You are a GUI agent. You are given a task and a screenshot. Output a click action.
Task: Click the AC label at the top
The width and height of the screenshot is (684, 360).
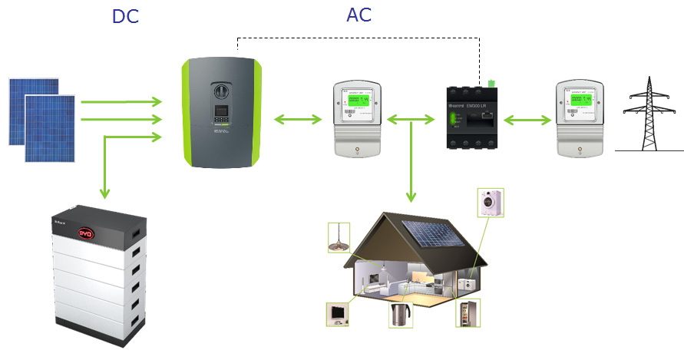pos(359,16)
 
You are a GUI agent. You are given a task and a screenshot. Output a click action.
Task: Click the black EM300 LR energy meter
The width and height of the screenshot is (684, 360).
pos(471,120)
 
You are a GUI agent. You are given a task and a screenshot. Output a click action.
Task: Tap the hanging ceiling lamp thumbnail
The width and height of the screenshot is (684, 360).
pos(339,236)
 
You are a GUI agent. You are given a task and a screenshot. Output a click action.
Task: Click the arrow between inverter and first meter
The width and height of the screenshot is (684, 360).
pos(297,119)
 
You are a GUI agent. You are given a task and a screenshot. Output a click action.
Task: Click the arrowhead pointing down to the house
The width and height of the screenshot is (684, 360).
pos(411,201)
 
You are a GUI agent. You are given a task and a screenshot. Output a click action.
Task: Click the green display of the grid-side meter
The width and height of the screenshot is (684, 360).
pos(583,103)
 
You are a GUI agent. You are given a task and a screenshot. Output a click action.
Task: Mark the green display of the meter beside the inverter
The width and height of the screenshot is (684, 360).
pos(357,103)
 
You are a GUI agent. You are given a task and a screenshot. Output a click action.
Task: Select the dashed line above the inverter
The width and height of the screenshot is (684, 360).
pos(361,37)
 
